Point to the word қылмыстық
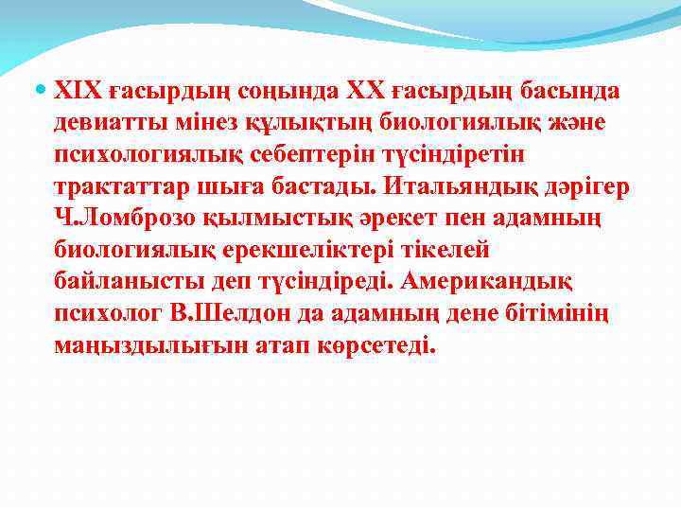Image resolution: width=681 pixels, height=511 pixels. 259,219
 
